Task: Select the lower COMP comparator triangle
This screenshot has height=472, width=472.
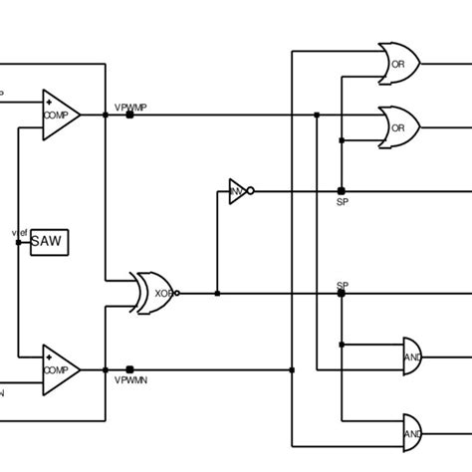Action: (59, 368)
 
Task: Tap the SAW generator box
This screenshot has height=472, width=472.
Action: (49, 242)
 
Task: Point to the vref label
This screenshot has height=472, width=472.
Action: (19, 232)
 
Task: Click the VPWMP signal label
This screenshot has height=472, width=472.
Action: (130, 106)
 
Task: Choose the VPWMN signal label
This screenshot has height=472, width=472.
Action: (130, 380)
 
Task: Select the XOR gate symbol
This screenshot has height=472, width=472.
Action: (154, 293)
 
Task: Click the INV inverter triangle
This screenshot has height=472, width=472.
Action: (237, 191)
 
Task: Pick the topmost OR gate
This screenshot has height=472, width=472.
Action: (399, 65)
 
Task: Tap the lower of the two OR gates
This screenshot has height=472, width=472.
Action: (399, 127)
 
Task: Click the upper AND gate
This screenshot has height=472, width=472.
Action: (411, 355)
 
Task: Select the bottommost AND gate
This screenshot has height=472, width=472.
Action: (411, 433)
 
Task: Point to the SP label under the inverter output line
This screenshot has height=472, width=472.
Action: (342, 201)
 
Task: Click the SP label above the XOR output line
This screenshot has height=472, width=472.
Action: (342, 286)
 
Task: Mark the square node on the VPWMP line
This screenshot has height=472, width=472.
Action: (129, 115)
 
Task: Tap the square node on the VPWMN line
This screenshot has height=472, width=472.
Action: (129, 369)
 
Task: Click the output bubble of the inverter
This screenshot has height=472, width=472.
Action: (251, 190)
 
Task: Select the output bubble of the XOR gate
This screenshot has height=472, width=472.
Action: (177, 294)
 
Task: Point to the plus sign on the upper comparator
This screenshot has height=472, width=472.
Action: (49, 102)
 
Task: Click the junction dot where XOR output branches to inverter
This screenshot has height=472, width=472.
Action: (217, 294)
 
